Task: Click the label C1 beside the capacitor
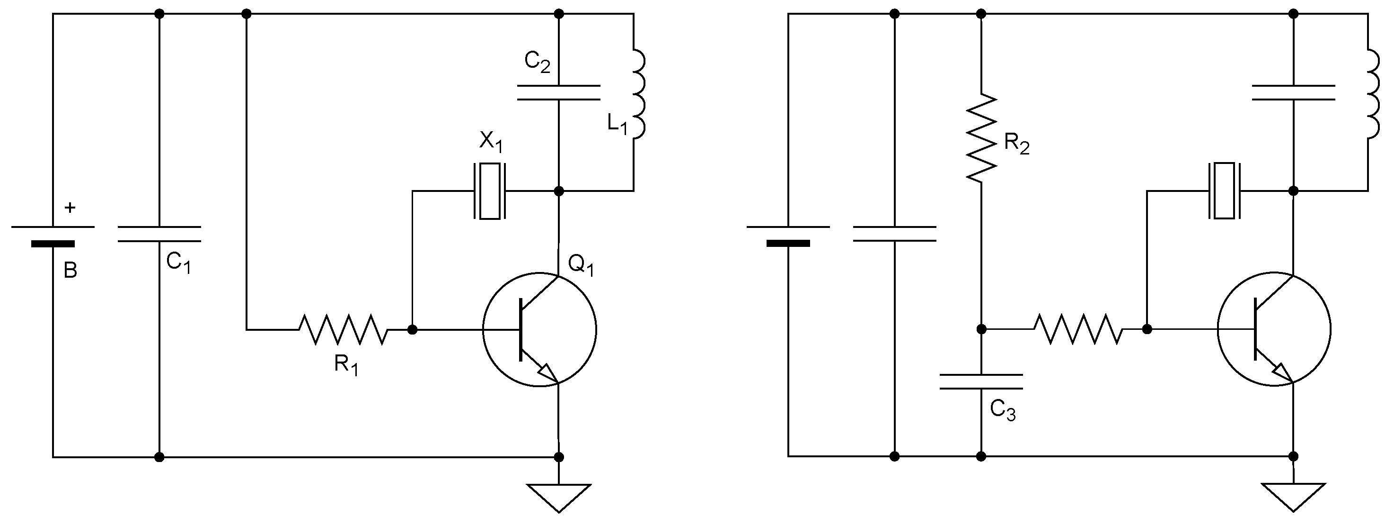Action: coord(178,263)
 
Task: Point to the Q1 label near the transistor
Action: coord(581,265)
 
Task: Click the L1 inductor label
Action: coord(617,125)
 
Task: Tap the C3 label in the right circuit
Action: coord(1003,411)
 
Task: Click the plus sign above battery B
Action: coord(70,208)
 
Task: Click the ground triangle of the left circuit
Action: coord(558,496)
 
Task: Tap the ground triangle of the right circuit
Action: coord(1293,495)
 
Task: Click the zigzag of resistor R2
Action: coord(981,138)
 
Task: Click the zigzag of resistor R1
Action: coord(343,329)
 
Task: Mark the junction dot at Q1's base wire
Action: coord(412,329)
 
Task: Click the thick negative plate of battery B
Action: coord(53,244)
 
